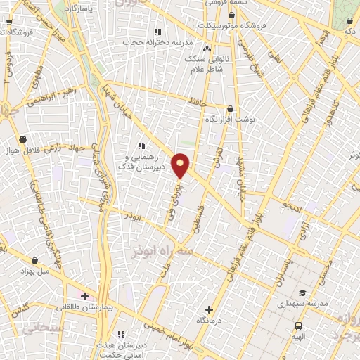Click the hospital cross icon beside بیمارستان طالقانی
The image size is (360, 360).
84,296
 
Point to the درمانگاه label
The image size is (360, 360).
209,321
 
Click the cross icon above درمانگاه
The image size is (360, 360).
209,309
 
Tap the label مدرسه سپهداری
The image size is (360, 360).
303,304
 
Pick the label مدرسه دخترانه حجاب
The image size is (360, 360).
157,42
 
